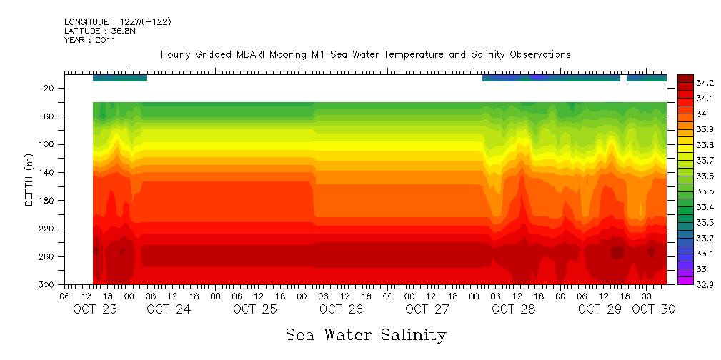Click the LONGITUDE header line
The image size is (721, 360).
point(117,22)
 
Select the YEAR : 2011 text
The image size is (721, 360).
point(89,40)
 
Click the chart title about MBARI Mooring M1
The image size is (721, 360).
point(365,54)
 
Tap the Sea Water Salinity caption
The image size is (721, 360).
point(366,334)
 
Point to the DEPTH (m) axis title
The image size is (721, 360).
point(29,181)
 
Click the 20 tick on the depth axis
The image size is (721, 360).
point(49,89)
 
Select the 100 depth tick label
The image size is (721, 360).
point(47,144)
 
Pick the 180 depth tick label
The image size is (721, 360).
point(47,201)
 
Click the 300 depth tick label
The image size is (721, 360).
point(47,285)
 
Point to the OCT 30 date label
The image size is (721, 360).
point(653,309)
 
